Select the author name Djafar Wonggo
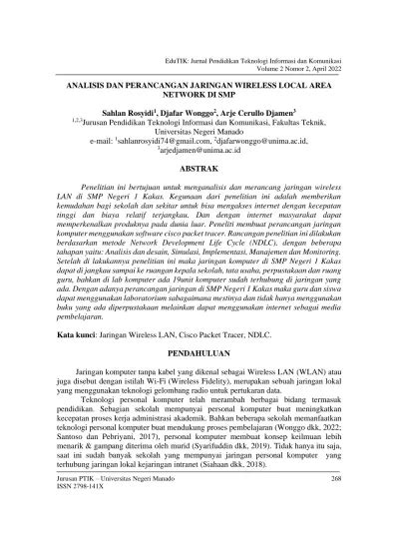tap(198, 116)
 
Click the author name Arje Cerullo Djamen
tap(271, 116)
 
